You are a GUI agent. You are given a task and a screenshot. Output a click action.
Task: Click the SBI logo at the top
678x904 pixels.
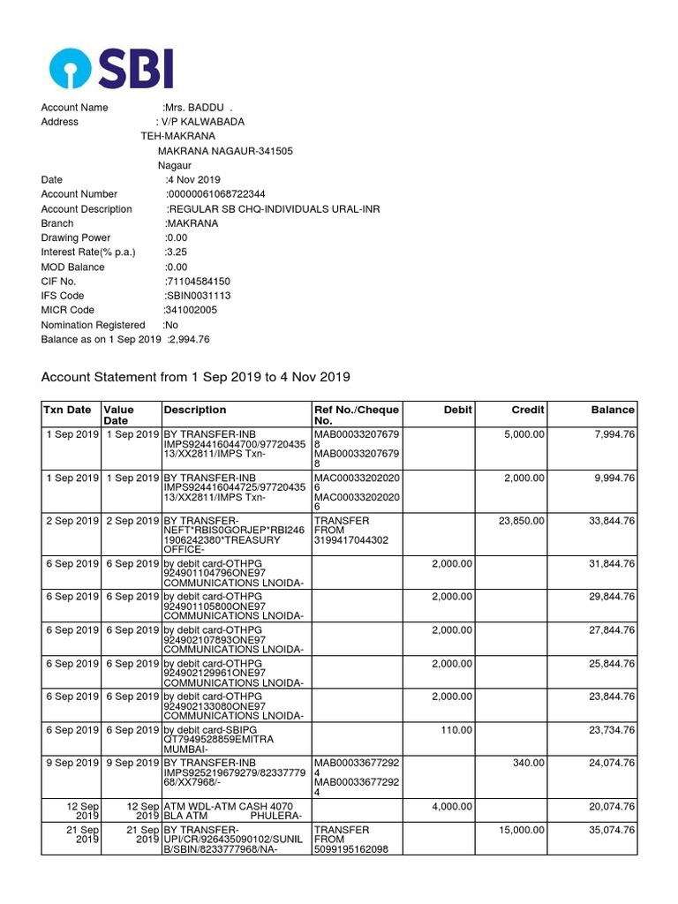tap(111, 68)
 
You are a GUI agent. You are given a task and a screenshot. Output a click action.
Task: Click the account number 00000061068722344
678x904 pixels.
tap(216, 194)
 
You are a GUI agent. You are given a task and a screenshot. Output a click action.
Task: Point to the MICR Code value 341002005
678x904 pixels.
tap(190, 311)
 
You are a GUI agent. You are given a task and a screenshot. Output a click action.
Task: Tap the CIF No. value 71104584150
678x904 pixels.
tap(198, 282)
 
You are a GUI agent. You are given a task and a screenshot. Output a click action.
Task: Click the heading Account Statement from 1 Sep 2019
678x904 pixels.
tap(196, 378)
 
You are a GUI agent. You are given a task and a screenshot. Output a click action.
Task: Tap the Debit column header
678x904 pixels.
tap(457, 410)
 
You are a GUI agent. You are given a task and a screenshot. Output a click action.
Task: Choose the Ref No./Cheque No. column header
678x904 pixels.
tap(357, 415)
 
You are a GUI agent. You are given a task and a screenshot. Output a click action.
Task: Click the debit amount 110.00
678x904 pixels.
tap(457, 730)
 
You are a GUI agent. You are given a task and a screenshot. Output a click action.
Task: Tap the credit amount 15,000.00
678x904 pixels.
tap(522, 831)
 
